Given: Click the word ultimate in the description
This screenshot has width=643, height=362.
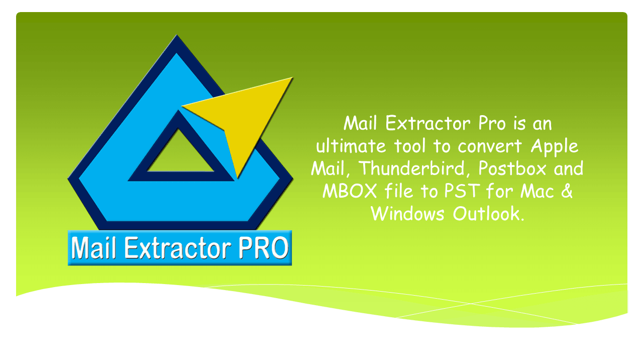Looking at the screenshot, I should tap(351, 146).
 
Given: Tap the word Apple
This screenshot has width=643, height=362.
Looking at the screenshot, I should tap(555, 147).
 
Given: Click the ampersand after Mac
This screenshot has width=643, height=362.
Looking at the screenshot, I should tap(566, 191).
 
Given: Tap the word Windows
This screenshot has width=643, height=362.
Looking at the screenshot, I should tap(408, 214).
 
